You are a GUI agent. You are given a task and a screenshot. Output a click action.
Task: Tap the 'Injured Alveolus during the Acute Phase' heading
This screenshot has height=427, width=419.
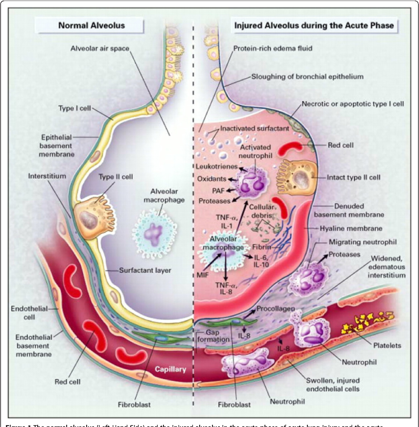pyautogui.click(x=314, y=26)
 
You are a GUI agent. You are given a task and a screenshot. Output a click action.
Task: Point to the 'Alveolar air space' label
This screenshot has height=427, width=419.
pyautogui.click(x=100, y=48)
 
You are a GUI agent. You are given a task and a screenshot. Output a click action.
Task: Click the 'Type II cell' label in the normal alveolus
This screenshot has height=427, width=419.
pyautogui.click(x=116, y=177)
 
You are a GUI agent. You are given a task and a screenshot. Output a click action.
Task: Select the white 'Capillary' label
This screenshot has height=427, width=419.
pyautogui.click(x=170, y=369)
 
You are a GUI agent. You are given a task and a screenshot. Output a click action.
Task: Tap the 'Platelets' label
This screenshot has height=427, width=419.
pyautogui.click(x=387, y=346)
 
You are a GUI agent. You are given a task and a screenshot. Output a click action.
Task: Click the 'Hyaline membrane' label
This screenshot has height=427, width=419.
pyautogui.click(x=351, y=228)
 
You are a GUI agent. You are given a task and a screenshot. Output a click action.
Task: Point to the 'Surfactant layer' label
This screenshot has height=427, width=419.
pyautogui.click(x=145, y=270)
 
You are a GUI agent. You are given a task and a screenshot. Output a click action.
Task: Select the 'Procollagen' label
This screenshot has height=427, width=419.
pyautogui.click(x=275, y=309)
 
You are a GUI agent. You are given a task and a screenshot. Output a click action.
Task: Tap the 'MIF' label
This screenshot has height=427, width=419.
pyautogui.click(x=203, y=275)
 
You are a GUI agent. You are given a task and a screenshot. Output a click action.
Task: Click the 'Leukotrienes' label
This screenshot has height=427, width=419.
pyautogui.click(x=217, y=166)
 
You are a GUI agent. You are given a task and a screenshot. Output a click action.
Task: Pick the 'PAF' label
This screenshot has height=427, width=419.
pyautogui.click(x=219, y=190)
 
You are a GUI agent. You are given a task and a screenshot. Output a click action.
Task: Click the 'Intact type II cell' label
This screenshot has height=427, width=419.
pyautogui.click(x=353, y=178)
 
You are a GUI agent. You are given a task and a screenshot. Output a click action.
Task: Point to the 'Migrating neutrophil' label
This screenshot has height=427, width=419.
pyautogui.click(x=362, y=242)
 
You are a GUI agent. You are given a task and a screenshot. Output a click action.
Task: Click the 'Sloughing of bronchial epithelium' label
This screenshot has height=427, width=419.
pyautogui.click(x=307, y=76)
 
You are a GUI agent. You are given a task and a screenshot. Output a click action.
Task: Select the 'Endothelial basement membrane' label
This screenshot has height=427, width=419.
pyautogui.click(x=34, y=346)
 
